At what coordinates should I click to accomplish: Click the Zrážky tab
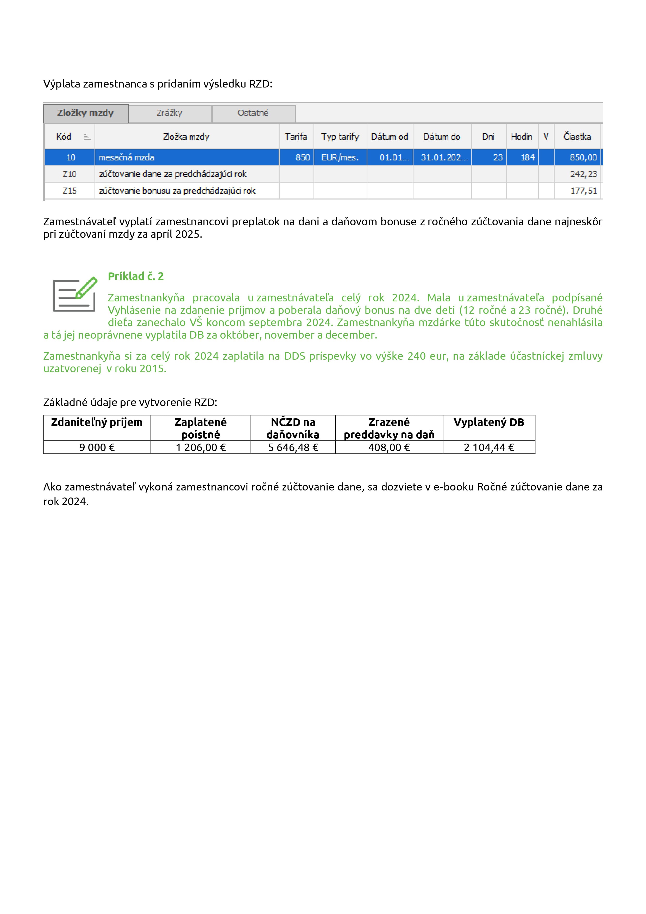tap(170, 113)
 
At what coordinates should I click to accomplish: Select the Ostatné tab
tap(253, 113)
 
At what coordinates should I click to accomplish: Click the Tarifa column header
tap(296, 136)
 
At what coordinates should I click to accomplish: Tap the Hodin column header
tap(522, 136)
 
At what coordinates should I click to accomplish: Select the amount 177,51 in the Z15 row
tap(584, 191)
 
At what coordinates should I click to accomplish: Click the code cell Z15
tap(70, 191)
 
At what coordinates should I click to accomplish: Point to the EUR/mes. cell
tap(340, 157)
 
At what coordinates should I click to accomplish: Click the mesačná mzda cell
tap(127, 157)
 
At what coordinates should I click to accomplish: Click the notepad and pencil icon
tap(75, 295)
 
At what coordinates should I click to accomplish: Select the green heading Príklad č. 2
tap(136, 276)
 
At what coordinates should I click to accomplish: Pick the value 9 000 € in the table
tap(97, 447)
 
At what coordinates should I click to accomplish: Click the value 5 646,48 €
tap(293, 447)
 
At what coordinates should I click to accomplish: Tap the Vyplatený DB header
tap(488, 422)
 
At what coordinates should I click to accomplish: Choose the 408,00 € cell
tap(389, 447)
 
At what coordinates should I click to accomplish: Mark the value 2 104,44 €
tap(489, 447)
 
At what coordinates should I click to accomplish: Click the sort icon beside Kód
tap(87, 137)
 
